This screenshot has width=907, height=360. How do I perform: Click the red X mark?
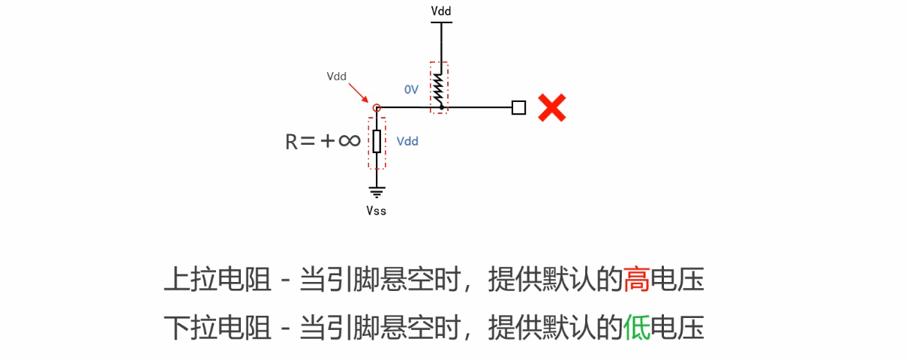click(551, 108)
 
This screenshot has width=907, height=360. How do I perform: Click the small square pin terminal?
click(518, 108)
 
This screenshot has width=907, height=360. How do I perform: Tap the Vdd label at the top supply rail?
click(441, 11)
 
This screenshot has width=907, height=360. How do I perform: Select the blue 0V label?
click(411, 89)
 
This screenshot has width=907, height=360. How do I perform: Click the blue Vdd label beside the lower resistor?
click(407, 141)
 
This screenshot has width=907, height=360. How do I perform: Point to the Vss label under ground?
click(377, 211)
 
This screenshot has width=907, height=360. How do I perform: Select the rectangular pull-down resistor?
click(377, 141)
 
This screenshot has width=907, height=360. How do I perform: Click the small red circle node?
click(377, 108)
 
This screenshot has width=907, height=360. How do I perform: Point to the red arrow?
click(357, 91)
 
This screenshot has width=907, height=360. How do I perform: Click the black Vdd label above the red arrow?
click(337, 76)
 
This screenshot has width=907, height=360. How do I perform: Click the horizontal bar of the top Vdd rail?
click(441, 22)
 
